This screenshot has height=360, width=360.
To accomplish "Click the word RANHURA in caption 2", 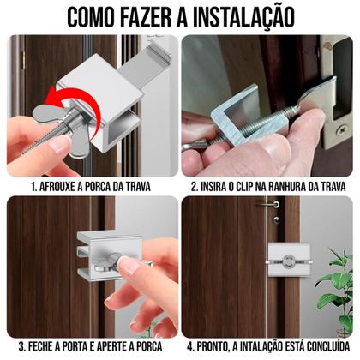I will point(297,184).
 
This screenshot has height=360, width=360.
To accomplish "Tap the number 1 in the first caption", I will point(32,184).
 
